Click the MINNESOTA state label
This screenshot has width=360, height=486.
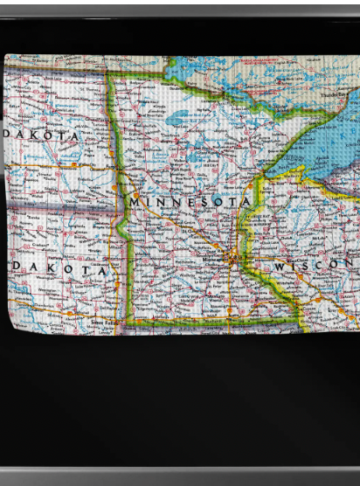pyautogui.click(x=190, y=202)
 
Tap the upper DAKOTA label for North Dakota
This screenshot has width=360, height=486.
pyautogui.click(x=41, y=136)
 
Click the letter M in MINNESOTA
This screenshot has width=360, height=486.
pyautogui.click(x=134, y=202)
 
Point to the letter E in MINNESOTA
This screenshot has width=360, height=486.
pyautogui.click(x=187, y=202)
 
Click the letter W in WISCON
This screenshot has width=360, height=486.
pyautogui.click(x=280, y=265)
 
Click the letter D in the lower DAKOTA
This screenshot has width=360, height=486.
pyautogui.click(x=17, y=269)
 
